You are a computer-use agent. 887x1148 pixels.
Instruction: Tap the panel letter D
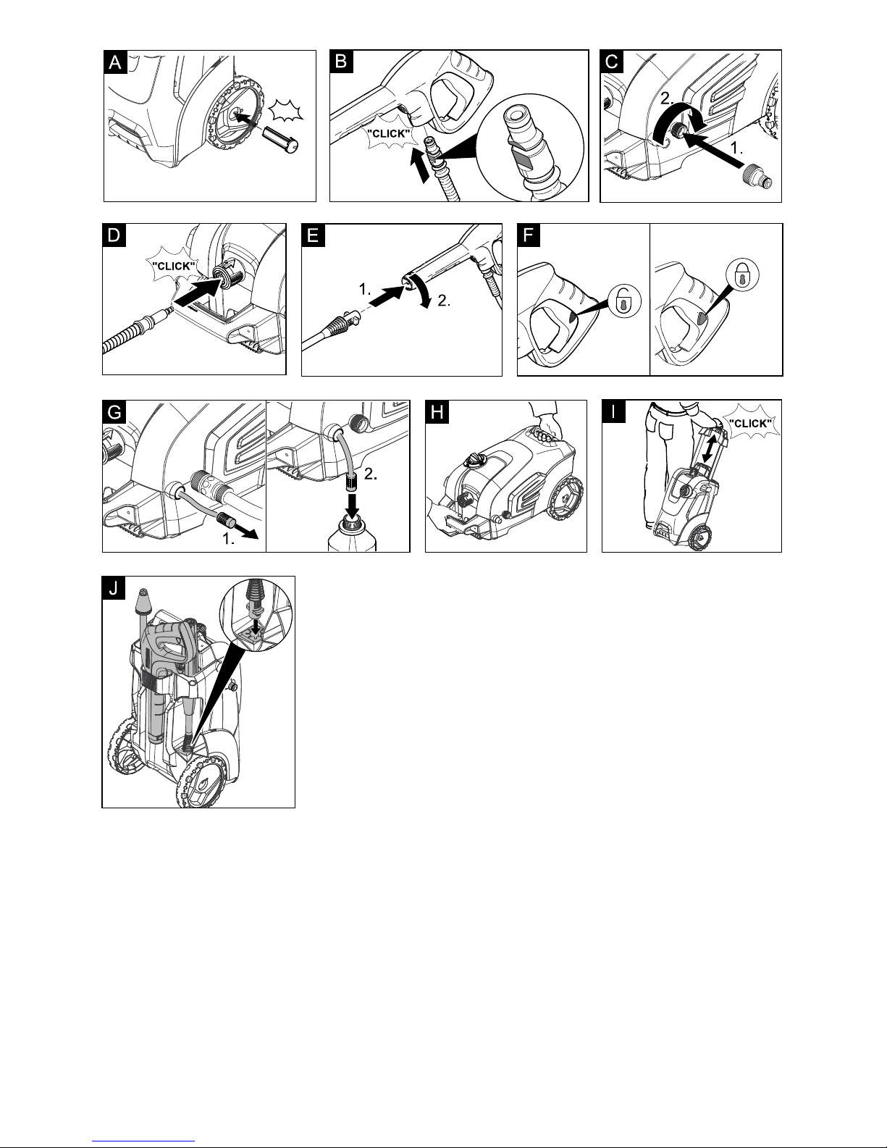tap(114, 236)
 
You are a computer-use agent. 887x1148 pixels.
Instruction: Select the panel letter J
tap(114, 588)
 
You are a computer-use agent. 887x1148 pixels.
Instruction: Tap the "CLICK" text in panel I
tap(749, 423)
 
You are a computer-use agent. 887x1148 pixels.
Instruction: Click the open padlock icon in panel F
tap(622, 301)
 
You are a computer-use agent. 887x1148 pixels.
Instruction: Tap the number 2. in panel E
tap(444, 301)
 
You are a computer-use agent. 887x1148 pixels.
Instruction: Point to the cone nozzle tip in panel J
tap(142, 600)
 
